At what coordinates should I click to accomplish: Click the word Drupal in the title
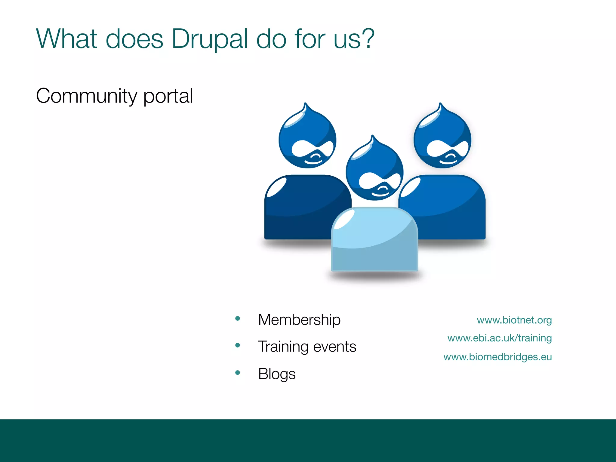pyautogui.click(x=210, y=39)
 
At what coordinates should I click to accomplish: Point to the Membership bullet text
pyautogui.click(x=299, y=320)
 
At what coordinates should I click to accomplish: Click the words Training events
pyautogui.click(x=307, y=346)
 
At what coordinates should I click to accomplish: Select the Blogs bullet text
pyautogui.click(x=277, y=374)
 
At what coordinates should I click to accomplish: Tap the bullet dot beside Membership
pyautogui.click(x=238, y=319)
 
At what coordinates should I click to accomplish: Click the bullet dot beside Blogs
pyautogui.click(x=238, y=373)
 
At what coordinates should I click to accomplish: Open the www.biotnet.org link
pyautogui.click(x=514, y=320)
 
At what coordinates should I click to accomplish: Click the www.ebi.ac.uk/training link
pyautogui.click(x=499, y=338)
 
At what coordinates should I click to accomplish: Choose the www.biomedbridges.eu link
pyautogui.click(x=497, y=357)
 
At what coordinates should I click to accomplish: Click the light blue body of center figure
pyautogui.click(x=374, y=241)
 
